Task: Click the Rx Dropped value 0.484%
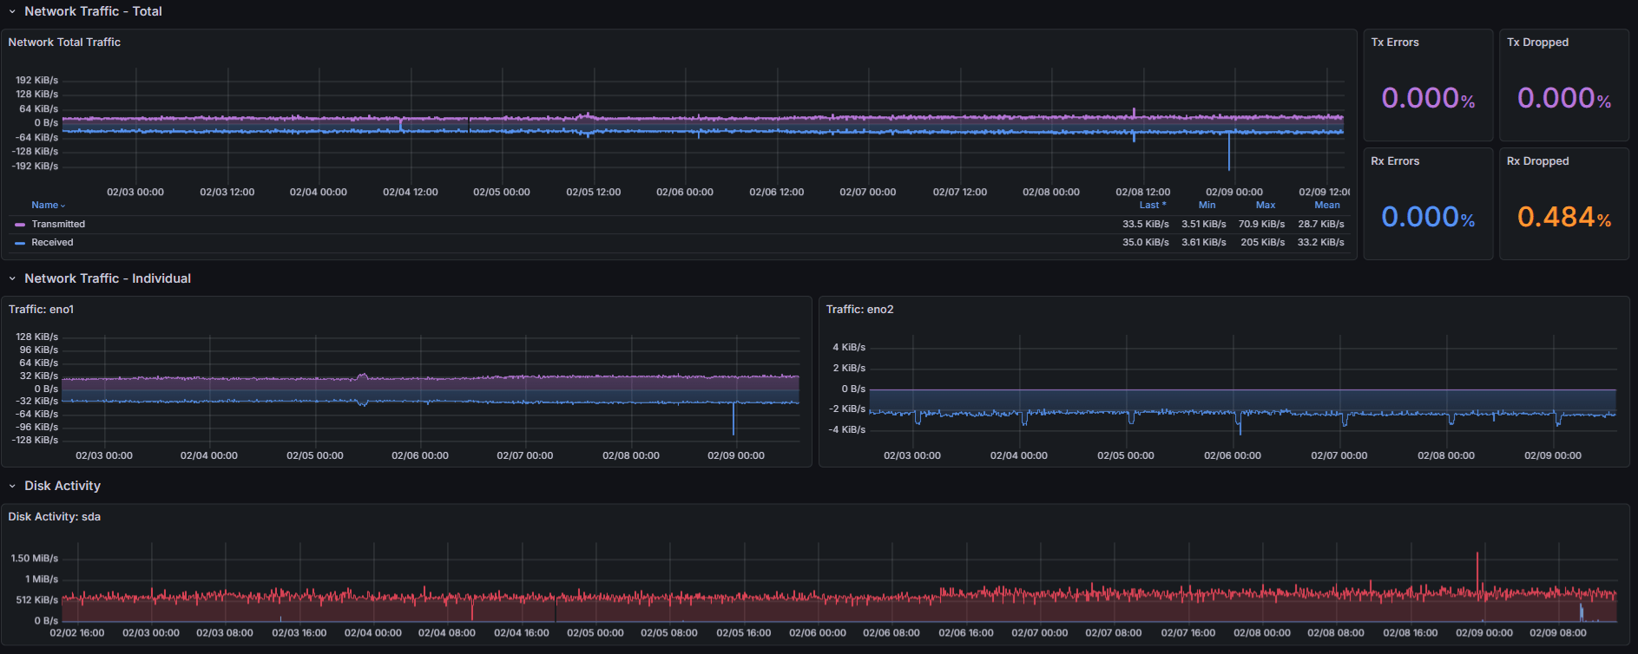[x=1563, y=217]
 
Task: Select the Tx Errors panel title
[x=1394, y=43]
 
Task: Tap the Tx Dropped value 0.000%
[x=1563, y=98]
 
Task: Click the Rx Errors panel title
[x=1394, y=161]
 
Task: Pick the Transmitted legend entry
[x=58, y=225]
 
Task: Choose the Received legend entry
[x=52, y=243]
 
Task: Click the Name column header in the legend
[x=45, y=206]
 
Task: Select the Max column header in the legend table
[x=1265, y=206]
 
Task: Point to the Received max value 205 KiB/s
[x=1262, y=243]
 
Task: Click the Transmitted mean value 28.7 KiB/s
[x=1320, y=225]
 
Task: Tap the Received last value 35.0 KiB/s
[x=1145, y=243]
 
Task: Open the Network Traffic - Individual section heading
[x=108, y=278]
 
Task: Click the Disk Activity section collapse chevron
[x=12, y=487]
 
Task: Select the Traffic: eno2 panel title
[x=859, y=310]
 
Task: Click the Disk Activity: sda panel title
[x=55, y=517]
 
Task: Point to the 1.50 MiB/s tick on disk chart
[x=35, y=559]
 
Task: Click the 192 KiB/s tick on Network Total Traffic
[x=36, y=81]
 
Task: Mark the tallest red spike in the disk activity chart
[x=1477, y=564]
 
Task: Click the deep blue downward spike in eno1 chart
[x=733, y=421]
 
